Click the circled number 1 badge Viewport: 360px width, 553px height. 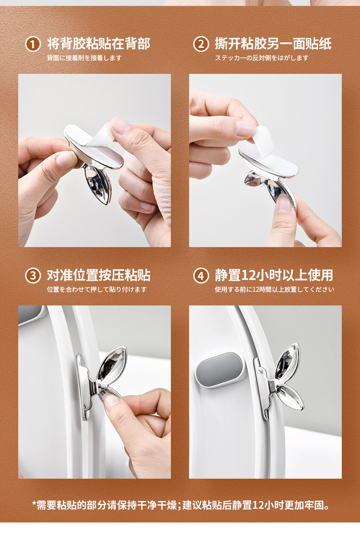click(x=33, y=44)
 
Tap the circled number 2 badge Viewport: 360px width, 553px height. click(x=201, y=44)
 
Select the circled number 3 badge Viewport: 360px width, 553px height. click(x=33, y=276)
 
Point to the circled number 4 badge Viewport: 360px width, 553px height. click(x=201, y=276)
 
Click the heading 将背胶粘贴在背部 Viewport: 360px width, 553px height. click(x=99, y=44)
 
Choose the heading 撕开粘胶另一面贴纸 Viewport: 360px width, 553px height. click(x=273, y=44)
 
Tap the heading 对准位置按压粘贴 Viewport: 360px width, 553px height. click(x=99, y=275)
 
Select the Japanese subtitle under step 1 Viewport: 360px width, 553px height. click(x=84, y=58)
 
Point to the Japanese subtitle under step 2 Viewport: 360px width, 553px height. click(x=262, y=58)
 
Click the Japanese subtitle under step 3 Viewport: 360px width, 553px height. click(x=97, y=289)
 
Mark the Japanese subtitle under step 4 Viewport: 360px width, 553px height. click(x=274, y=289)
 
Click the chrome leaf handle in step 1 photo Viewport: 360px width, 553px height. click(x=98, y=183)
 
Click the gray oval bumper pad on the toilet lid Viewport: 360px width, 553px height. click(x=220, y=370)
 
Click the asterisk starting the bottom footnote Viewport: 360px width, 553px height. click(x=34, y=503)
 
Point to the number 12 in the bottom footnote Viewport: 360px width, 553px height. click(x=258, y=505)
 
